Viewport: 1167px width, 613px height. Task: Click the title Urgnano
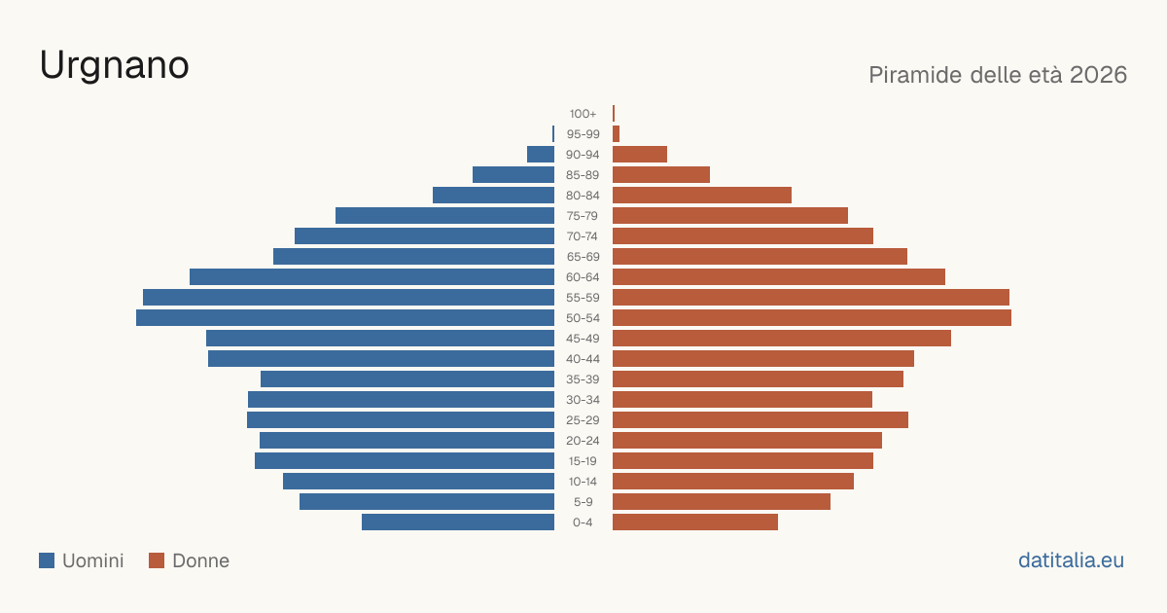coord(114,66)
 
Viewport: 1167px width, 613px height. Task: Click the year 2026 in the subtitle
coord(1098,75)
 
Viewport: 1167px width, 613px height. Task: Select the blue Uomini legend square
coord(47,560)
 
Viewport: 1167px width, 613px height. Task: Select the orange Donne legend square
coord(157,560)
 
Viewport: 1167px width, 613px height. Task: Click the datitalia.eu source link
coord(1071,560)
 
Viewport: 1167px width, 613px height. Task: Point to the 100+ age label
coord(583,114)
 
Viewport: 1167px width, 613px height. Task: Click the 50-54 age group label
coord(583,318)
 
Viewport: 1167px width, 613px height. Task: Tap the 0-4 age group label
coord(583,523)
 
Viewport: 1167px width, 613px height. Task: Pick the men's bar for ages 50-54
coord(345,318)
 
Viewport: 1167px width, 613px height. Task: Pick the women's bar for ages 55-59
coord(811,298)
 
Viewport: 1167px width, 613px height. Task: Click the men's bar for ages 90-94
coord(541,155)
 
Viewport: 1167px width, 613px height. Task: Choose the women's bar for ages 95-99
coord(616,134)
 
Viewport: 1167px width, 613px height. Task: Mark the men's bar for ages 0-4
coord(458,523)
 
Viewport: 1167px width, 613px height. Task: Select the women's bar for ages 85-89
coord(661,174)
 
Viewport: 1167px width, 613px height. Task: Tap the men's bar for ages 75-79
coord(445,216)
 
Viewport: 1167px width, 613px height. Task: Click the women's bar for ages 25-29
coord(760,420)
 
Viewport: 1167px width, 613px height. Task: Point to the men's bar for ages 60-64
coord(371,276)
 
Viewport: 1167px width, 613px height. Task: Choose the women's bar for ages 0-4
coord(695,523)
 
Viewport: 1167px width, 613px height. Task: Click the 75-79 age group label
coord(583,216)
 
